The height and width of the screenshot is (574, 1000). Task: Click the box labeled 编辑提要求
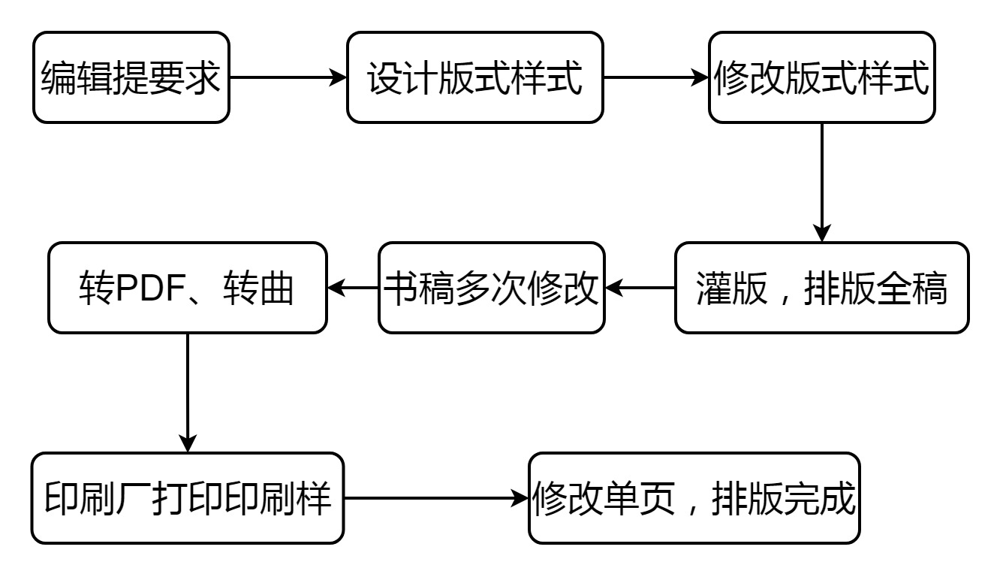coord(131,77)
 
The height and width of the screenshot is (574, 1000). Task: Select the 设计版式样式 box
coord(474,77)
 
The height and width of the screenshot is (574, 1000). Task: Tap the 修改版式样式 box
coord(821,77)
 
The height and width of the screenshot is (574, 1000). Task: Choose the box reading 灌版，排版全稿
coord(821,288)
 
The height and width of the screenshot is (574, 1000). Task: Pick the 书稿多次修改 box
coord(491,288)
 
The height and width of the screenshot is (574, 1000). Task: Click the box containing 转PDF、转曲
coord(187,288)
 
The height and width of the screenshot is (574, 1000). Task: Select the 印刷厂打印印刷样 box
coord(187,498)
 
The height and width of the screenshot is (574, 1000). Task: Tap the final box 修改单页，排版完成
coord(694,498)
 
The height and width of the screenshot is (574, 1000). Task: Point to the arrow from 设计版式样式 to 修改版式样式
coord(655,77)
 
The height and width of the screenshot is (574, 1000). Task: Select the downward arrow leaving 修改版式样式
coord(822,180)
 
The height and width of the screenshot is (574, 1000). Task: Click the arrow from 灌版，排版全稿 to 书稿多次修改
coord(640,288)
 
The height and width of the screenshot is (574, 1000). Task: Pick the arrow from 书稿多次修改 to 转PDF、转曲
coord(353,288)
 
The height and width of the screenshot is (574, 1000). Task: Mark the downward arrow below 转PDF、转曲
coord(187,391)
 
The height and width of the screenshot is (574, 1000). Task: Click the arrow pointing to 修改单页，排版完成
coord(435,498)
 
